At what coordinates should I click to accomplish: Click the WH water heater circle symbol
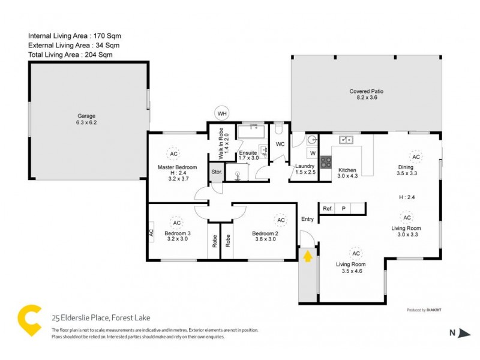click(x=222, y=113)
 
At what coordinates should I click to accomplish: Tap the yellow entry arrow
click(x=307, y=256)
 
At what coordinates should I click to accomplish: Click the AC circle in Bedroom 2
click(x=279, y=220)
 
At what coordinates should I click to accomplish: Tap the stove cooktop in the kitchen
click(x=326, y=161)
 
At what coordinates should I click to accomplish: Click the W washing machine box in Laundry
click(x=313, y=154)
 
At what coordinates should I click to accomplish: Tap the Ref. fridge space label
click(x=328, y=208)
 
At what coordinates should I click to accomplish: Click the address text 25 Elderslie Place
click(x=100, y=317)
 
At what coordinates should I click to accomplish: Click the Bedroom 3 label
click(x=177, y=233)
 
